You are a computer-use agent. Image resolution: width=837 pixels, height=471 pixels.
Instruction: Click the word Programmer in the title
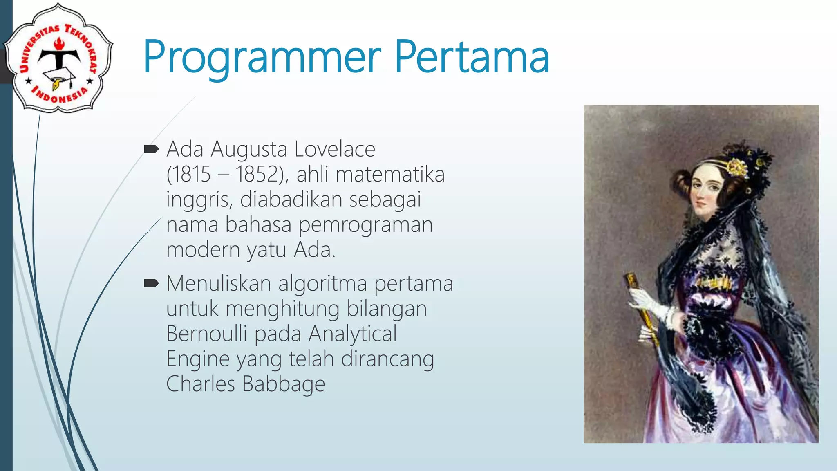tap(262, 57)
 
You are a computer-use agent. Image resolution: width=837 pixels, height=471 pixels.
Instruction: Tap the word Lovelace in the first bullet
tap(334, 149)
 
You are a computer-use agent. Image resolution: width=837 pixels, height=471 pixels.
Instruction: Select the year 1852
tap(258, 174)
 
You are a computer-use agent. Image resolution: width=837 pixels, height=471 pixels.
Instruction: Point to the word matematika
tap(390, 174)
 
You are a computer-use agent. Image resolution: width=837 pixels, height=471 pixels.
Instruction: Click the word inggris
tap(199, 200)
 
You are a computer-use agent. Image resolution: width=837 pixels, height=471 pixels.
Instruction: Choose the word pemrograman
tap(365, 225)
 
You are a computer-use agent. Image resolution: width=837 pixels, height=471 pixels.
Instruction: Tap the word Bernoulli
tap(206, 334)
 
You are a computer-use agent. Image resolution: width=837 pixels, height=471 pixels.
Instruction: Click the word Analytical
tap(352, 334)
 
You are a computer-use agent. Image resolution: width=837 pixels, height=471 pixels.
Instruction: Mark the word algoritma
tap(322, 283)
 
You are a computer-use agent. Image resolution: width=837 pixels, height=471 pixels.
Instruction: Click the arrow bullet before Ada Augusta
tap(151, 149)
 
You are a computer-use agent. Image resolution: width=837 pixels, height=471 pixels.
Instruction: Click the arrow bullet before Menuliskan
tap(151, 283)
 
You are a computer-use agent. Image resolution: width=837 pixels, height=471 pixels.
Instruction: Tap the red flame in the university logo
tap(59, 43)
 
